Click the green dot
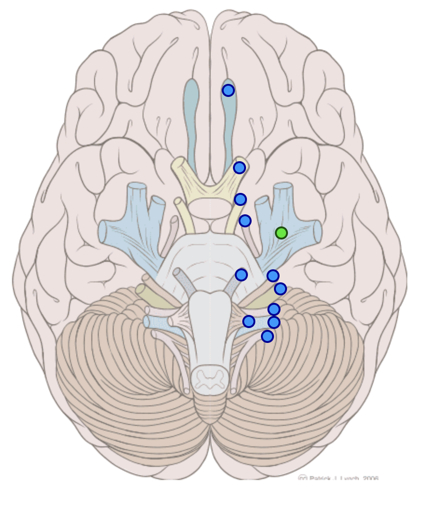point(281,232)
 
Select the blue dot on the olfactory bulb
point(228,90)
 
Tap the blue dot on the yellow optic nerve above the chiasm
point(239,168)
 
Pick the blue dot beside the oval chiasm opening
point(240,199)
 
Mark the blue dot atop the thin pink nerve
point(245,220)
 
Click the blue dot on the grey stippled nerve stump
point(241,274)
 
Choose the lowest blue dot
point(267,336)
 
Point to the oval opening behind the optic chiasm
point(210,207)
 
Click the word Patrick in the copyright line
point(320,479)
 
